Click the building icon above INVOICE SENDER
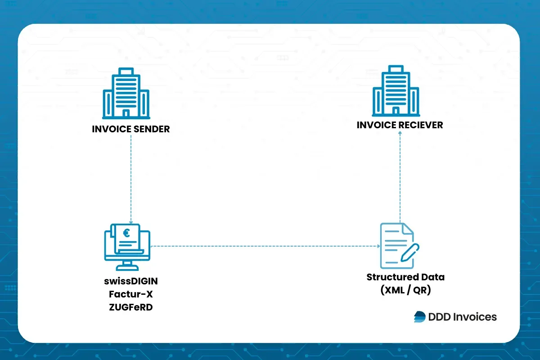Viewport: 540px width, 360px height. click(126, 94)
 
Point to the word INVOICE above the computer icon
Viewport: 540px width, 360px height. click(111, 129)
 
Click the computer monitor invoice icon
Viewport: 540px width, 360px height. click(127, 246)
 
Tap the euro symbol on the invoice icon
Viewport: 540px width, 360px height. click(126, 233)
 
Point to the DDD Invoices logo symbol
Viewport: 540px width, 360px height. click(419, 317)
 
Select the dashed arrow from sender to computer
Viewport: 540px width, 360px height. click(130, 180)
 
